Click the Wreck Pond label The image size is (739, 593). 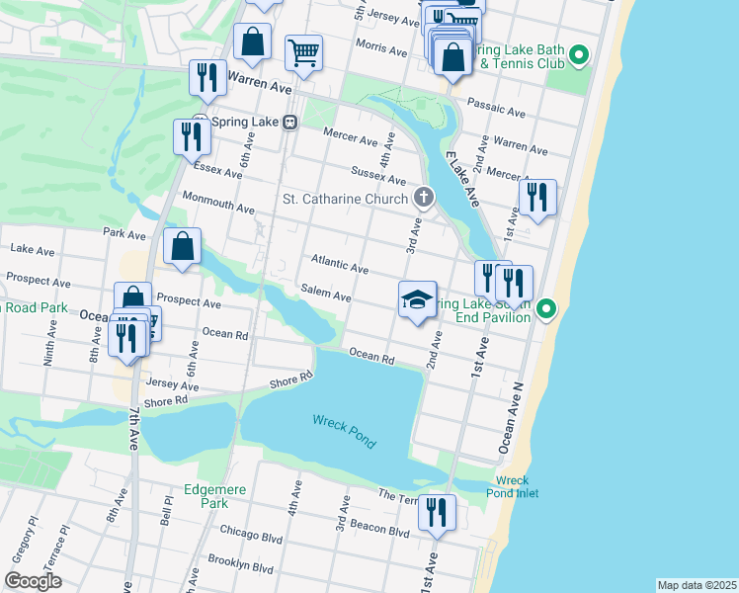point(345,431)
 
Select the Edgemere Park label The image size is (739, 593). point(213,495)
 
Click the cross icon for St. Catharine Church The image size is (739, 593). point(424,198)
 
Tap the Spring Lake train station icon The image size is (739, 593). point(289,122)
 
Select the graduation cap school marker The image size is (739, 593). point(418,299)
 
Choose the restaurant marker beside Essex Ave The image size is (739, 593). point(190,138)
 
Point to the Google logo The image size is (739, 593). point(34,581)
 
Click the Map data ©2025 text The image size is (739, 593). point(697,585)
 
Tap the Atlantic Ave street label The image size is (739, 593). point(340,264)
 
